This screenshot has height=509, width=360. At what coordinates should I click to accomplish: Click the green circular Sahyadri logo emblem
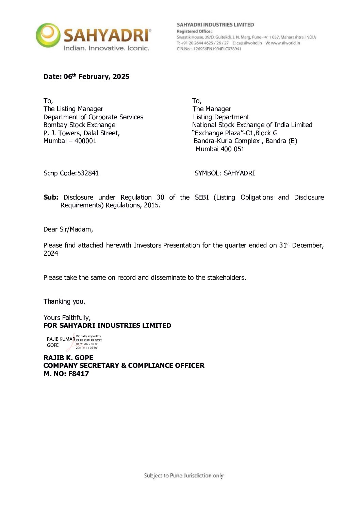48,35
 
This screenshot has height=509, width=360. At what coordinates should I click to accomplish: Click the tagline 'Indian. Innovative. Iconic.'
106,48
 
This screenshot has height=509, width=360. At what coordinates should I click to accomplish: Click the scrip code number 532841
88,173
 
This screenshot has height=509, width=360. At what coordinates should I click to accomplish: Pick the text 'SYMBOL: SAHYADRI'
225,173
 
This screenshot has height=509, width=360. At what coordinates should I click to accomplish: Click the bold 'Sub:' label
51,197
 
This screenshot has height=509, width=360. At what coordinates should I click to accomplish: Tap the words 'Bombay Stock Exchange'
79,125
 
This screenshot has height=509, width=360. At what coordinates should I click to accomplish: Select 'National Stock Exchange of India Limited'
252,125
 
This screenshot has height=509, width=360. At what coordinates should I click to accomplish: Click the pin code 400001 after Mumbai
85,141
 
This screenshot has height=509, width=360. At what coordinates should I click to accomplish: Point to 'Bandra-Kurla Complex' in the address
227,141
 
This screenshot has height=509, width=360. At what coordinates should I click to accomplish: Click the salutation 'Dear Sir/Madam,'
68,229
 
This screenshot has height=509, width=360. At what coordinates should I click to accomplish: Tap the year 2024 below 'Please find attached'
51,253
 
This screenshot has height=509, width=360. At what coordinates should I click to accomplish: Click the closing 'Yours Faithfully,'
67,318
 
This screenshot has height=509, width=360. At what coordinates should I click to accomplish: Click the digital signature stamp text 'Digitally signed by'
88,336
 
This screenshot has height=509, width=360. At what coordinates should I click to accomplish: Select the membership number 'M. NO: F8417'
66,374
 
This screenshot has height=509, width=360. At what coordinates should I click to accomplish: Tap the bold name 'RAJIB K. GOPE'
68,358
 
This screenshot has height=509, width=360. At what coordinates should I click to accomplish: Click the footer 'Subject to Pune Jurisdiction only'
183,476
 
